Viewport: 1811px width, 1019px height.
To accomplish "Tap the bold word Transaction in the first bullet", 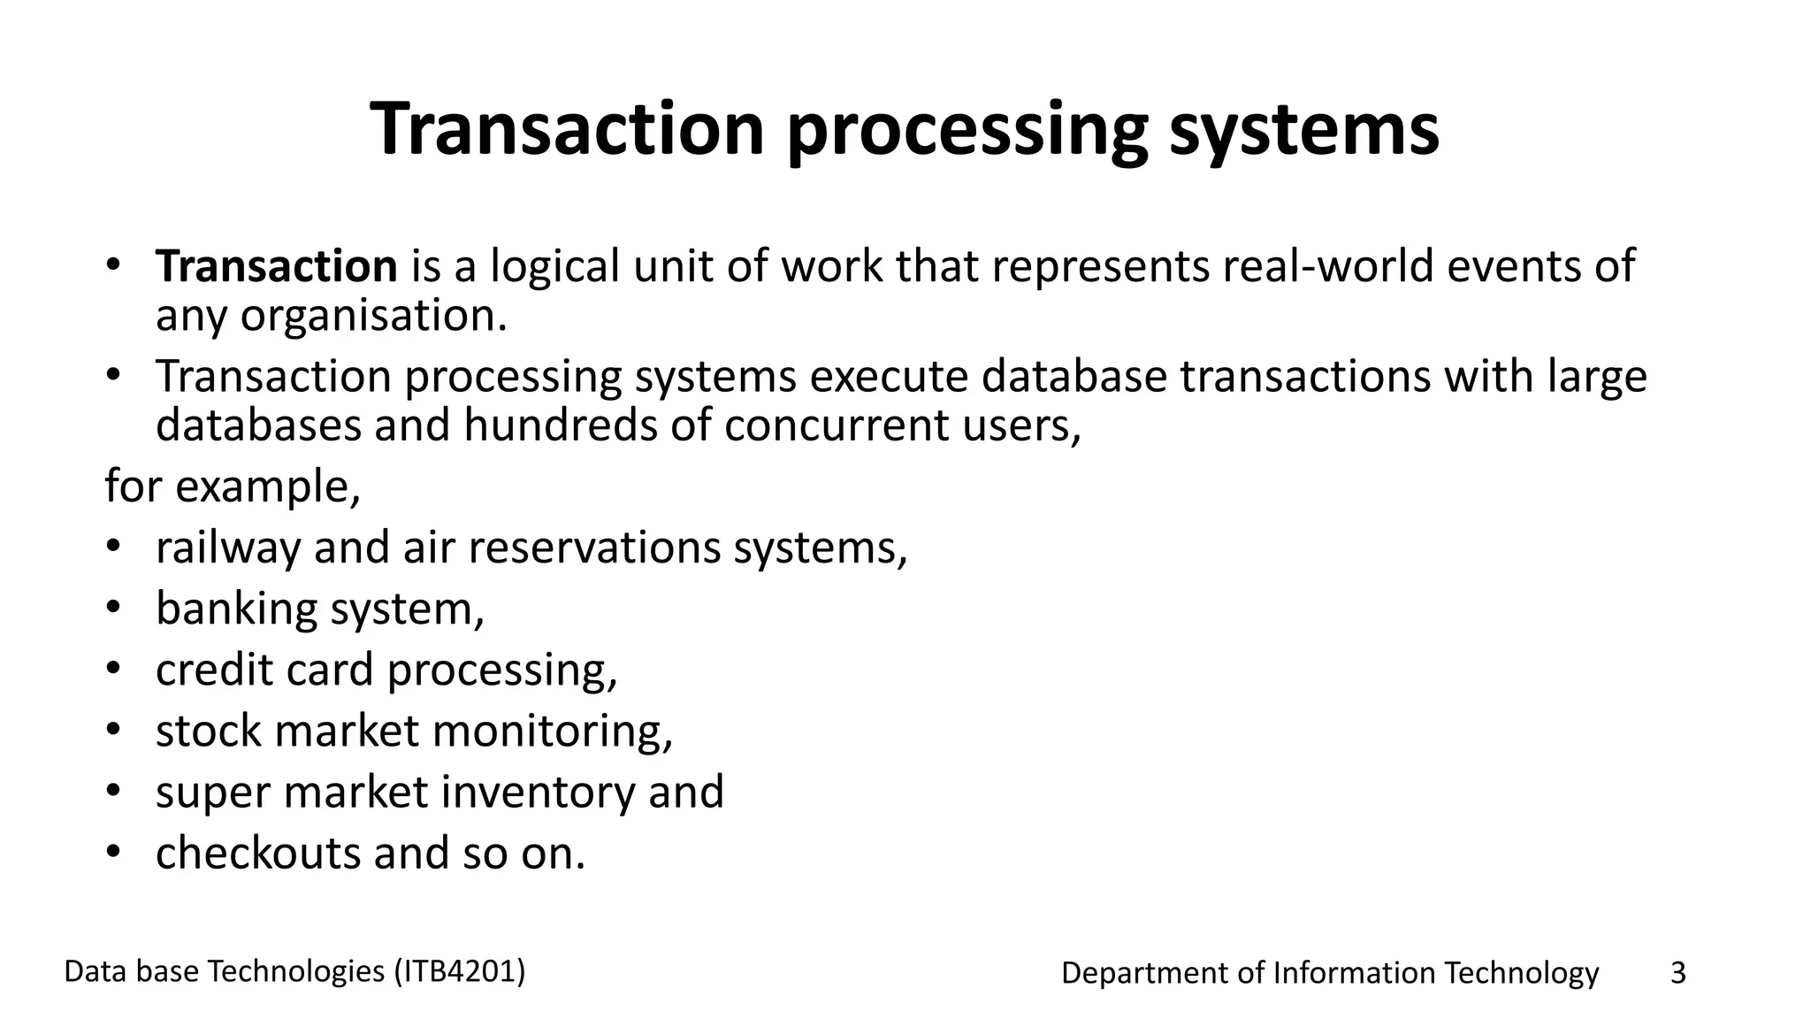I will [x=276, y=266].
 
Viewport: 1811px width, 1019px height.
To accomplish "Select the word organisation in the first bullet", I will [x=373, y=317].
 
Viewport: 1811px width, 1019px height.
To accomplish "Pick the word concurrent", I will [x=837, y=426].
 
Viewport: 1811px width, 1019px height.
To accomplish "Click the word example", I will [x=267, y=487].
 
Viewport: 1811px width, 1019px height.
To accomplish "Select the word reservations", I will [x=594, y=548].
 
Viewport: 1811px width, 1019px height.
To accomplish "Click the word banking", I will [x=236, y=609].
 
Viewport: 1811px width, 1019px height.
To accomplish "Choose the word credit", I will [x=215, y=670].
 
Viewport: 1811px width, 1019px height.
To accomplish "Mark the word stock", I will [x=209, y=732].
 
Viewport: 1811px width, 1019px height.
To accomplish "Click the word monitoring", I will [x=552, y=732].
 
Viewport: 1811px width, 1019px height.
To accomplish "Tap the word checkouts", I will [x=258, y=854].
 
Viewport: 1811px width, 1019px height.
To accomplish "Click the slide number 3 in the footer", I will [x=1677, y=974].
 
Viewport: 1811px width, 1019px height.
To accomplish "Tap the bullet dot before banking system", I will [x=112, y=609].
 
